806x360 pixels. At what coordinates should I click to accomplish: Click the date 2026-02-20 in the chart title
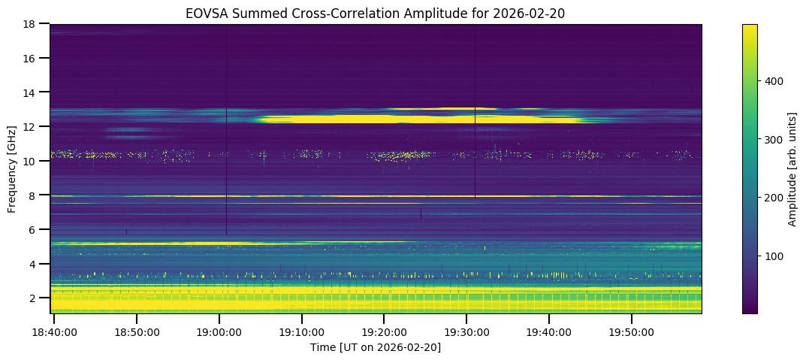pos(534,13)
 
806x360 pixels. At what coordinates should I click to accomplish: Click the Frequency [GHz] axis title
pos(13,168)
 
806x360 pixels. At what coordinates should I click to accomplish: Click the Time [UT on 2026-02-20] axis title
pos(376,346)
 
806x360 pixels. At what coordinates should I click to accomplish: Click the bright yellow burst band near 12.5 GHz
pos(421,119)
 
